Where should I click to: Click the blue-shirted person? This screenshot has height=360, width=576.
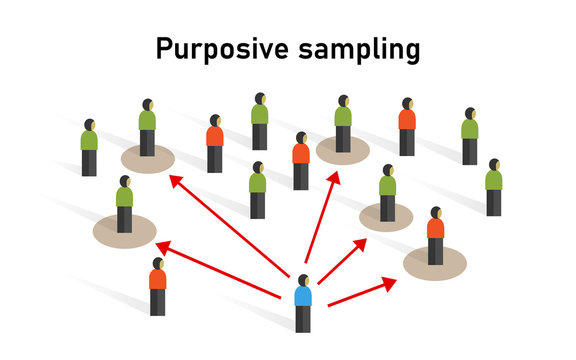pyautogui.click(x=302, y=300)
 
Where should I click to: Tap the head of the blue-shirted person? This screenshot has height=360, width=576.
pyautogui.click(x=303, y=279)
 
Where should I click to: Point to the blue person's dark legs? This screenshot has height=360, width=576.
pyautogui.click(x=302, y=319)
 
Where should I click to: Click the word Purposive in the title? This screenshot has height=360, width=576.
pyautogui.click(x=217, y=49)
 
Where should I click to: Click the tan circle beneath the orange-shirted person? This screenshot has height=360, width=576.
pyautogui.click(x=435, y=263)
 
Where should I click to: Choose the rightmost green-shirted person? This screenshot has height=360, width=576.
pyautogui.click(x=493, y=186)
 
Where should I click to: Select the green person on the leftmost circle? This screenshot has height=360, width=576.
pyautogui.click(x=124, y=204)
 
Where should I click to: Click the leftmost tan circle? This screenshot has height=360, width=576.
pyautogui.click(x=124, y=231)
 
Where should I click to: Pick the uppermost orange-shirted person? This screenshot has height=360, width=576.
pyautogui.click(x=406, y=126)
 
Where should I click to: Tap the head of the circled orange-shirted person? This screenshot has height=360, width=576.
pyautogui.click(x=436, y=213)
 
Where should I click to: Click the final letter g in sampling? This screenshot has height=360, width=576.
pyautogui.click(x=410, y=52)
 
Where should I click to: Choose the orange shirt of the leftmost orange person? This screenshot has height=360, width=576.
pyautogui.click(x=157, y=279)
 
